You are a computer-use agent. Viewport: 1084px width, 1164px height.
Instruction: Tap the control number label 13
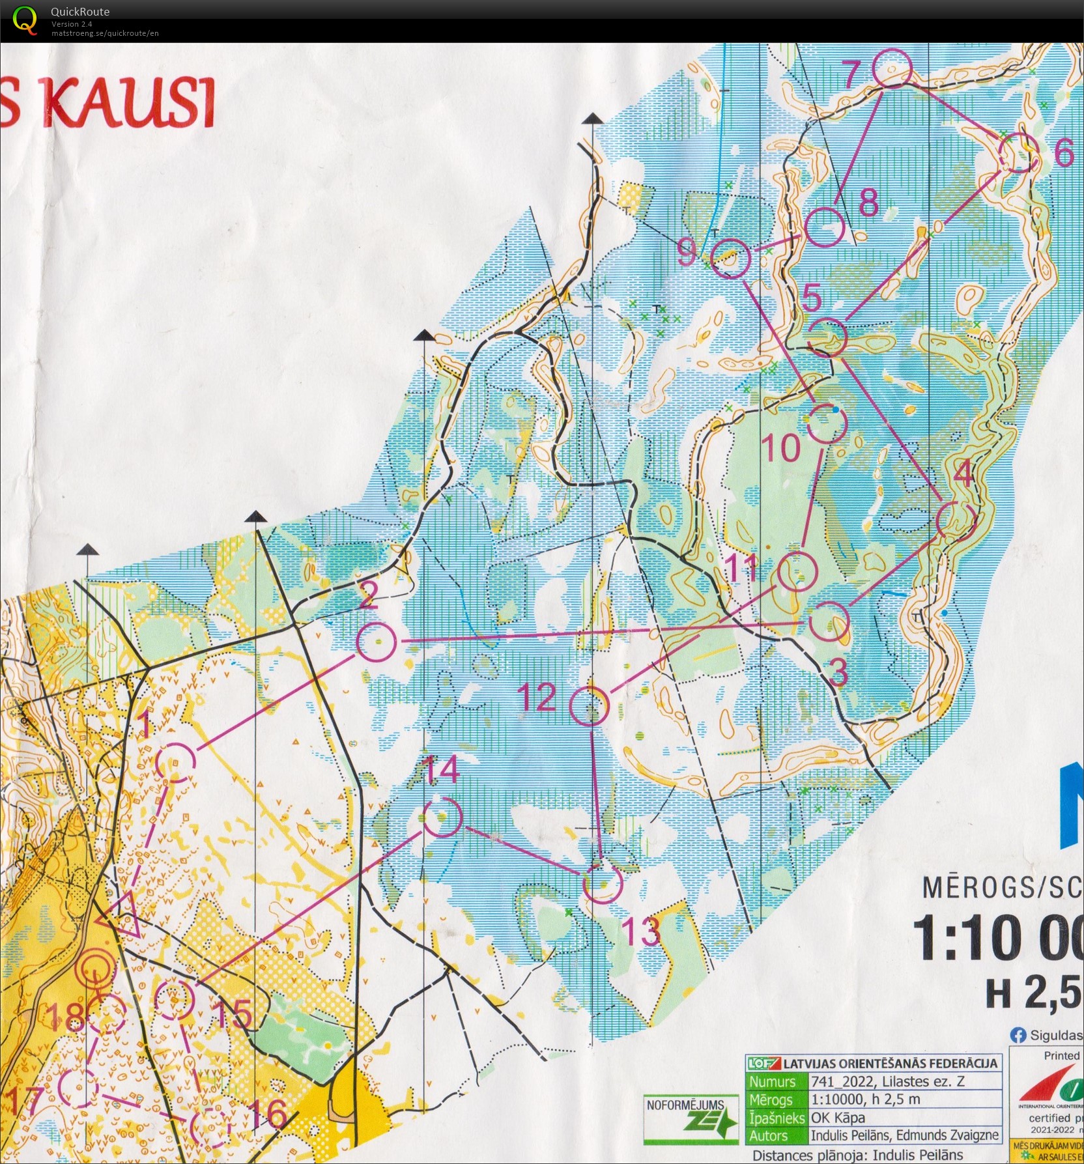coord(640,931)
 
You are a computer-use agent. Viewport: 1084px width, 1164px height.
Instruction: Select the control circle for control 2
coord(377,642)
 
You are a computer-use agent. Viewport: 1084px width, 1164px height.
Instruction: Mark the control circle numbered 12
coord(590,705)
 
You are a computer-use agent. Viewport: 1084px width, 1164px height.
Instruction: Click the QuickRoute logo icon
coord(25,20)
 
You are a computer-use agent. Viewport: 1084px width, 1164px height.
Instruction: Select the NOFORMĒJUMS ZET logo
coord(691,1119)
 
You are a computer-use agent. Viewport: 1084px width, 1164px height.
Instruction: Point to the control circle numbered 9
coord(731,258)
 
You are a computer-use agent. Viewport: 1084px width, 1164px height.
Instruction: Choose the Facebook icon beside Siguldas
coord(1018,1034)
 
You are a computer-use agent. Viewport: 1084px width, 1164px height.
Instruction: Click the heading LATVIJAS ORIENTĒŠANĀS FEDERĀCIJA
coord(890,1064)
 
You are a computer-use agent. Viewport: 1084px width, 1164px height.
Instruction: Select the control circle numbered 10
coord(827,423)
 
